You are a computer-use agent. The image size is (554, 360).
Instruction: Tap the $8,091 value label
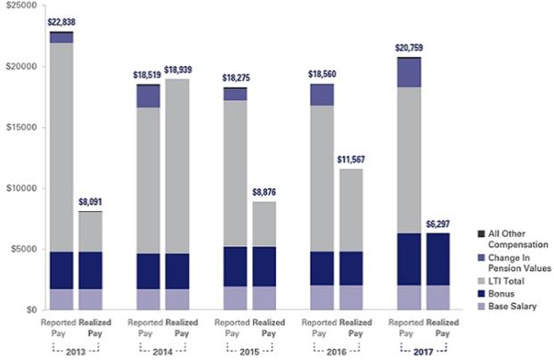(89, 202)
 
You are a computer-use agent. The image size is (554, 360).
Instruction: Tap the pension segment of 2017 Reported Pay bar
(409, 72)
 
